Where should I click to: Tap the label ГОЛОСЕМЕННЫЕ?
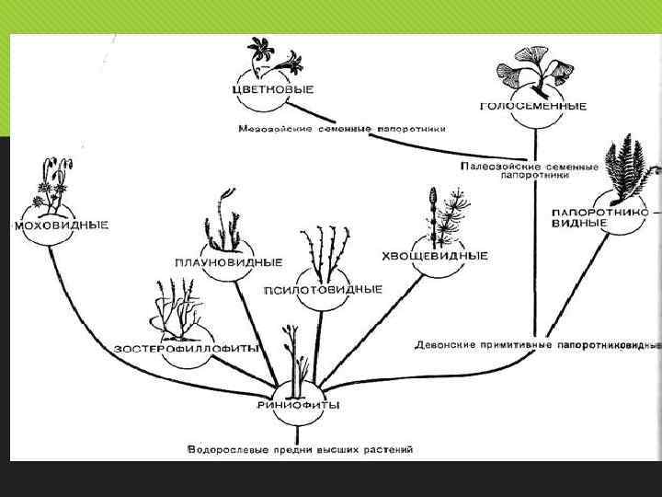[533, 106]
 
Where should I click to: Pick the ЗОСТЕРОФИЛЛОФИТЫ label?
[187, 348]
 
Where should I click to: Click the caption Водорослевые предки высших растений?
[300, 450]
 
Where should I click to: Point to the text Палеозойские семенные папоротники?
[529, 171]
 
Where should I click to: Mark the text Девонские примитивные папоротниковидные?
[537, 345]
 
